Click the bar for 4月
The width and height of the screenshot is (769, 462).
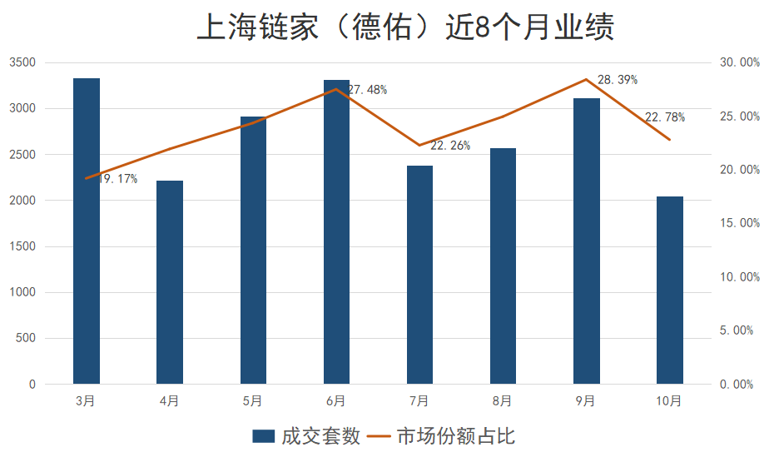[170, 282]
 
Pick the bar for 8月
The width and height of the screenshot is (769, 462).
[503, 266]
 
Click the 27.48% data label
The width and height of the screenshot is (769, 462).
[367, 90]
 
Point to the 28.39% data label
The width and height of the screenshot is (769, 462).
[618, 80]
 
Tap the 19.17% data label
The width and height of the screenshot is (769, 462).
[117, 179]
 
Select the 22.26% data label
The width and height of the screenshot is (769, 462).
[450, 146]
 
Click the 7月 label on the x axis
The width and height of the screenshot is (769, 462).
[419, 401]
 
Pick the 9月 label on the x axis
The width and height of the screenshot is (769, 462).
[585, 401]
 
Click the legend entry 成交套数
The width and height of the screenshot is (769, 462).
[305, 436]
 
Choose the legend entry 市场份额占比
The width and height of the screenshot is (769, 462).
[442, 436]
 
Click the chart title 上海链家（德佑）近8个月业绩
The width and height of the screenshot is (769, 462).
[405, 27]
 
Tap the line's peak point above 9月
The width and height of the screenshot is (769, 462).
[586, 79]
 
